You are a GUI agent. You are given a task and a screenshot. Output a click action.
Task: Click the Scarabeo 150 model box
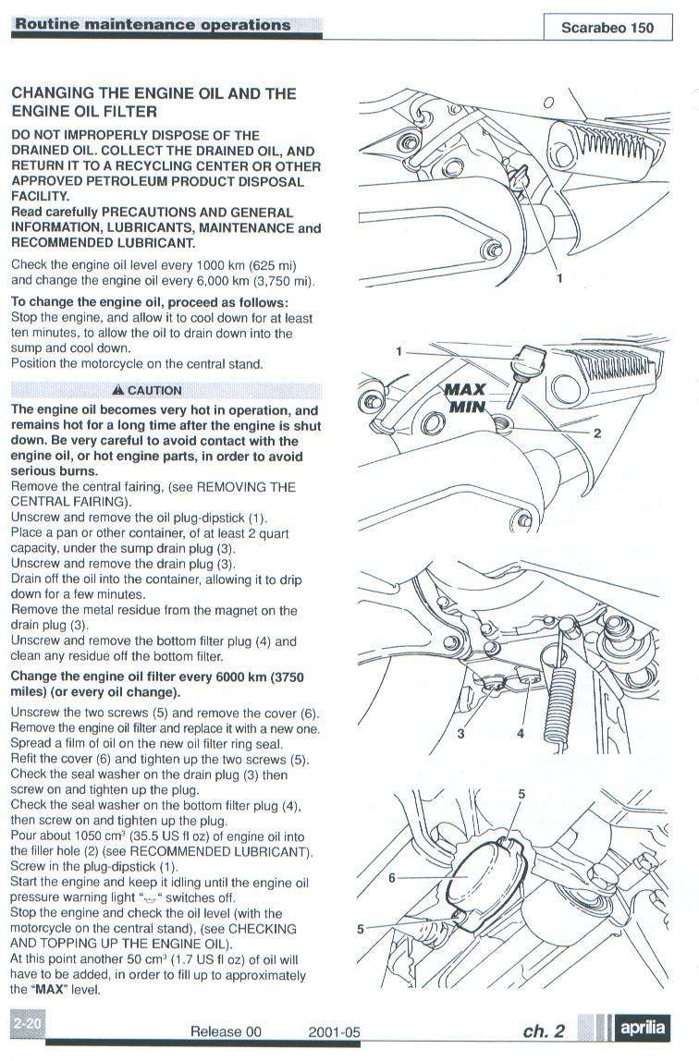tap(607, 27)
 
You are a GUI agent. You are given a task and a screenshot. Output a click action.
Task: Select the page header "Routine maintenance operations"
tap(153, 25)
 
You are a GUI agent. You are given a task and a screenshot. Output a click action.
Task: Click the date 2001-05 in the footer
tap(334, 1031)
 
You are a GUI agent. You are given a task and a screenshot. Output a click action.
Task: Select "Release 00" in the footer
tap(226, 1031)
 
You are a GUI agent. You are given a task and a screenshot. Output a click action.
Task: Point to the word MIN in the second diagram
tap(469, 406)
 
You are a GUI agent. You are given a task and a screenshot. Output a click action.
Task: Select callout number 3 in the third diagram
tap(460, 734)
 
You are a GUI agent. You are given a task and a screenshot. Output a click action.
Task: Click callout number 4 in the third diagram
tap(521, 734)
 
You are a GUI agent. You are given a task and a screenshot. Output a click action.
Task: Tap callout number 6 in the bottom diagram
tap(391, 878)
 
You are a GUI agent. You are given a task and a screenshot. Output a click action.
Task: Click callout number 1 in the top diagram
tap(558, 276)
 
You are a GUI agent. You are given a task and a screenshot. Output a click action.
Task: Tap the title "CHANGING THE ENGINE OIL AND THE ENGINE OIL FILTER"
tap(153, 102)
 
